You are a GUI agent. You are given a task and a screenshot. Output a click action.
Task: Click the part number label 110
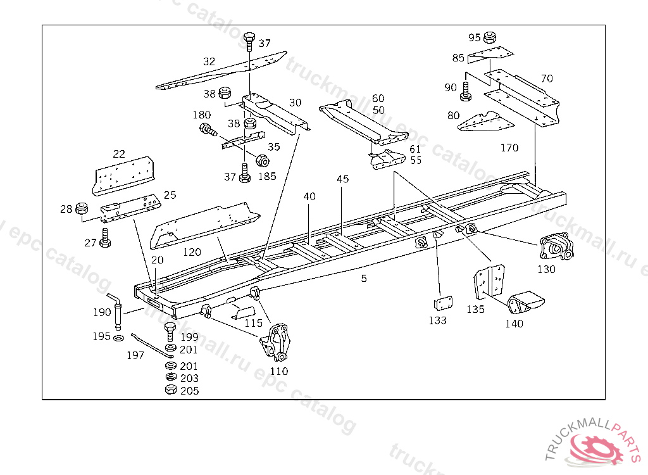pyautogui.click(x=279, y=372)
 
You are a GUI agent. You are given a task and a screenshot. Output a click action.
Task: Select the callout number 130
pyautogui.click(x=546, y=269)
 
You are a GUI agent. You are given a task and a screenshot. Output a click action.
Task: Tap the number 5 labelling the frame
pyautogui.click(x=364, y=278)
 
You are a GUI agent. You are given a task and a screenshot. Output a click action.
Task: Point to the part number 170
pyautogui.click(x=509, y=148)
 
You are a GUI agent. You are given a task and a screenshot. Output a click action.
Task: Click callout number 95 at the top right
pyautogui.click(x=475, y=37)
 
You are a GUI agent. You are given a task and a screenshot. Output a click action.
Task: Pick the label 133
pyautogui.click(x=437, y=320)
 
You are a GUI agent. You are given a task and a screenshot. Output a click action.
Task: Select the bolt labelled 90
pyautogui.click(x=466, y=91)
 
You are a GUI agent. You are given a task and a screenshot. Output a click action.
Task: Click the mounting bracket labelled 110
pyautogui.click(x=277, y=342)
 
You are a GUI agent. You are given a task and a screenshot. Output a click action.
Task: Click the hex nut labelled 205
pyautogui.click(x=170, y=390)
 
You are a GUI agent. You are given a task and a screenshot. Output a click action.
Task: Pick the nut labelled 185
pyautogui.click(x=261, y=159)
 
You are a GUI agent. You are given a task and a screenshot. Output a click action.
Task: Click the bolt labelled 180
pyautogui.click(x=207, y=130)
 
